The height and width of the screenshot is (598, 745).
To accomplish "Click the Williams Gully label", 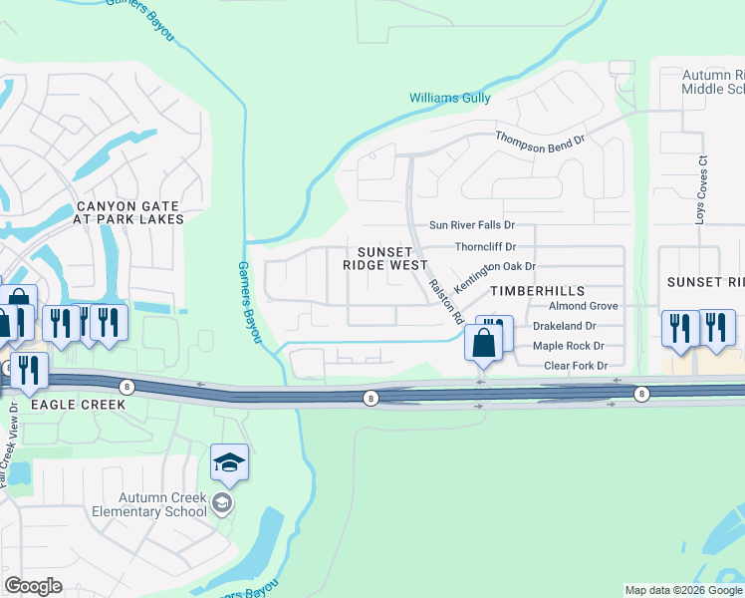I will click(450, 98).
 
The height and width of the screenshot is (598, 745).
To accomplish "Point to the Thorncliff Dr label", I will click(485, 246).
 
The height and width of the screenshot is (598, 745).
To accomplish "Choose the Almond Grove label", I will click(584, 306).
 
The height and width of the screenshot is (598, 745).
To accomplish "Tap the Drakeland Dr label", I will click(564, 326).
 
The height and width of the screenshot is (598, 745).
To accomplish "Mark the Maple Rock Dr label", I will click(569, 346).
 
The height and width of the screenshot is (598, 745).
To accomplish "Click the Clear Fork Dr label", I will click(576, 366).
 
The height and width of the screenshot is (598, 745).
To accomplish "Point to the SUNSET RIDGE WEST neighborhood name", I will click(385, 258).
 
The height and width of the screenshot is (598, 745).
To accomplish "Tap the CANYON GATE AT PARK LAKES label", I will click(130, 212).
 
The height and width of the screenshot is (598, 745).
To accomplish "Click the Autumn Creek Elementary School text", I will click(162, 504).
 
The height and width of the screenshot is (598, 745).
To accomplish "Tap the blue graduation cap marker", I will click(229, 462).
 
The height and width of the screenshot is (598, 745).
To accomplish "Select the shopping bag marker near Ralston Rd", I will click(483, 343).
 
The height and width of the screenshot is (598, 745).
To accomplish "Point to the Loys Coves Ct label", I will click(701, 188).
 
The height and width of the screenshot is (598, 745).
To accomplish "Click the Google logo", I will click(35, 586).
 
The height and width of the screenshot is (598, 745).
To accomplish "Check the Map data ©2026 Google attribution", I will click(683, 590).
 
